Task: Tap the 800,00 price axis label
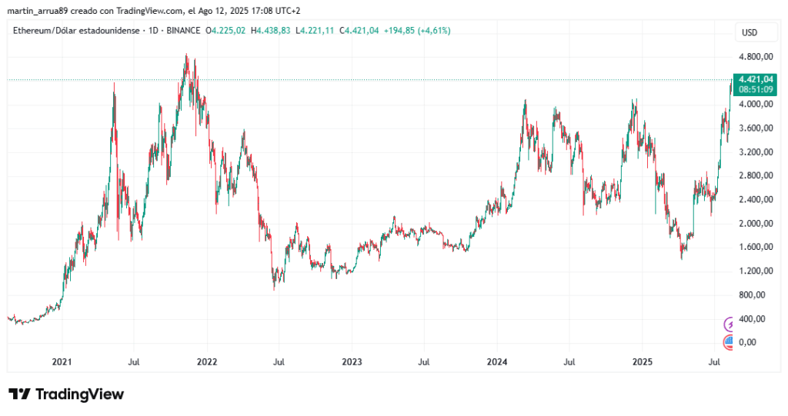coord(756,295)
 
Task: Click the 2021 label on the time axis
coord(62,361)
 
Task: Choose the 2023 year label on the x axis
coord(352,361)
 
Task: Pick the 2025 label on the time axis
coord(642,361)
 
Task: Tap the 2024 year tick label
coord(497,361)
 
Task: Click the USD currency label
coord(750,32)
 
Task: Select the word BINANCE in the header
coord(182,31)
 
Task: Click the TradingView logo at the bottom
coord(66,394)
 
